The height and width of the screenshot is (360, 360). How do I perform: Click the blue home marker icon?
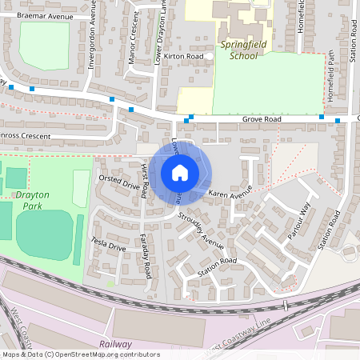coord(180,172)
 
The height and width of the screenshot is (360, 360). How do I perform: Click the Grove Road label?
coord(262,120)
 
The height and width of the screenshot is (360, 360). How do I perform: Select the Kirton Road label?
coord(183,57)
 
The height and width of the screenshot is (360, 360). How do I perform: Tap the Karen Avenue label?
coord(230,194)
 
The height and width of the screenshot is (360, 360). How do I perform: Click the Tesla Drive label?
coord(109,246)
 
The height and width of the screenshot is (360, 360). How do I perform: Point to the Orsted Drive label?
coord(119,182)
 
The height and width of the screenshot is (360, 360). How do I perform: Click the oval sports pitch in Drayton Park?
coord(43,234)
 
